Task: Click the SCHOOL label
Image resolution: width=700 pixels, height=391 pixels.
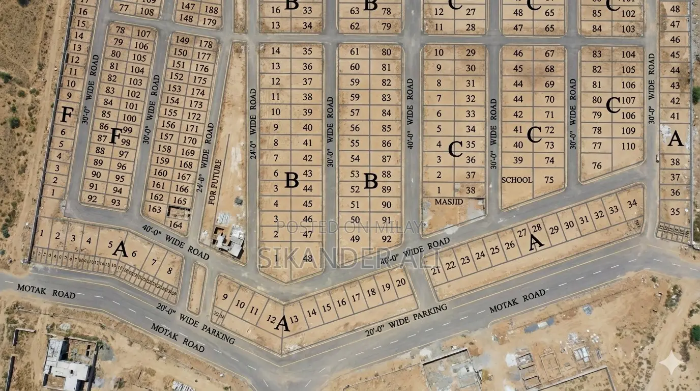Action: click(x=517, y=180)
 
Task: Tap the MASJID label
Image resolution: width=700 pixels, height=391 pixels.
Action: click(x=449, y=202)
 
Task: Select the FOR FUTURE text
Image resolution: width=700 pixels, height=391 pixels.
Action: click(x=215, y=182)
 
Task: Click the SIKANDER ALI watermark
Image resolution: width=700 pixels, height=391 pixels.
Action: click(x=349, y=257)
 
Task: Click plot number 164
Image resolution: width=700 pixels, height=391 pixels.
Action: click(x=175, y=225)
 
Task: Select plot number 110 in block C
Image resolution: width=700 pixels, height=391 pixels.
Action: click(x=628, y=146)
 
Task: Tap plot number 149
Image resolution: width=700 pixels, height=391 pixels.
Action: click(x=182, y=41)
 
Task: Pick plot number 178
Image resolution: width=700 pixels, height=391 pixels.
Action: click(x=206, y=44)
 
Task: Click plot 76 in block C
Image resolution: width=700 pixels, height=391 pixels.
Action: click(x=597, y=165)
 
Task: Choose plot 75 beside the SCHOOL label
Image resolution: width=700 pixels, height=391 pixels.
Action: click(x=549, y=180)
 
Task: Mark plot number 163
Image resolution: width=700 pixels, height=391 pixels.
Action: click(x=155, y=209)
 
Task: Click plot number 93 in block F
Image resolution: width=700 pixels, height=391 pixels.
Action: click(x=116, y=202)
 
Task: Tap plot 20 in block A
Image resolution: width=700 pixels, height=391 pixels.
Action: click(x=401, y=283)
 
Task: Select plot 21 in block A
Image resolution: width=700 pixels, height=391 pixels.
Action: click(x=435, y=270)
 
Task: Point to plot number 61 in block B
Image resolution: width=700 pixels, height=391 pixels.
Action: click(x=355, y=51)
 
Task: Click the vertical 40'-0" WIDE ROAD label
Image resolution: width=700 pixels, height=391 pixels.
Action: click(x=410, y=113)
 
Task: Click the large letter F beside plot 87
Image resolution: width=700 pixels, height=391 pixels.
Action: click(x=115, y=136)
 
